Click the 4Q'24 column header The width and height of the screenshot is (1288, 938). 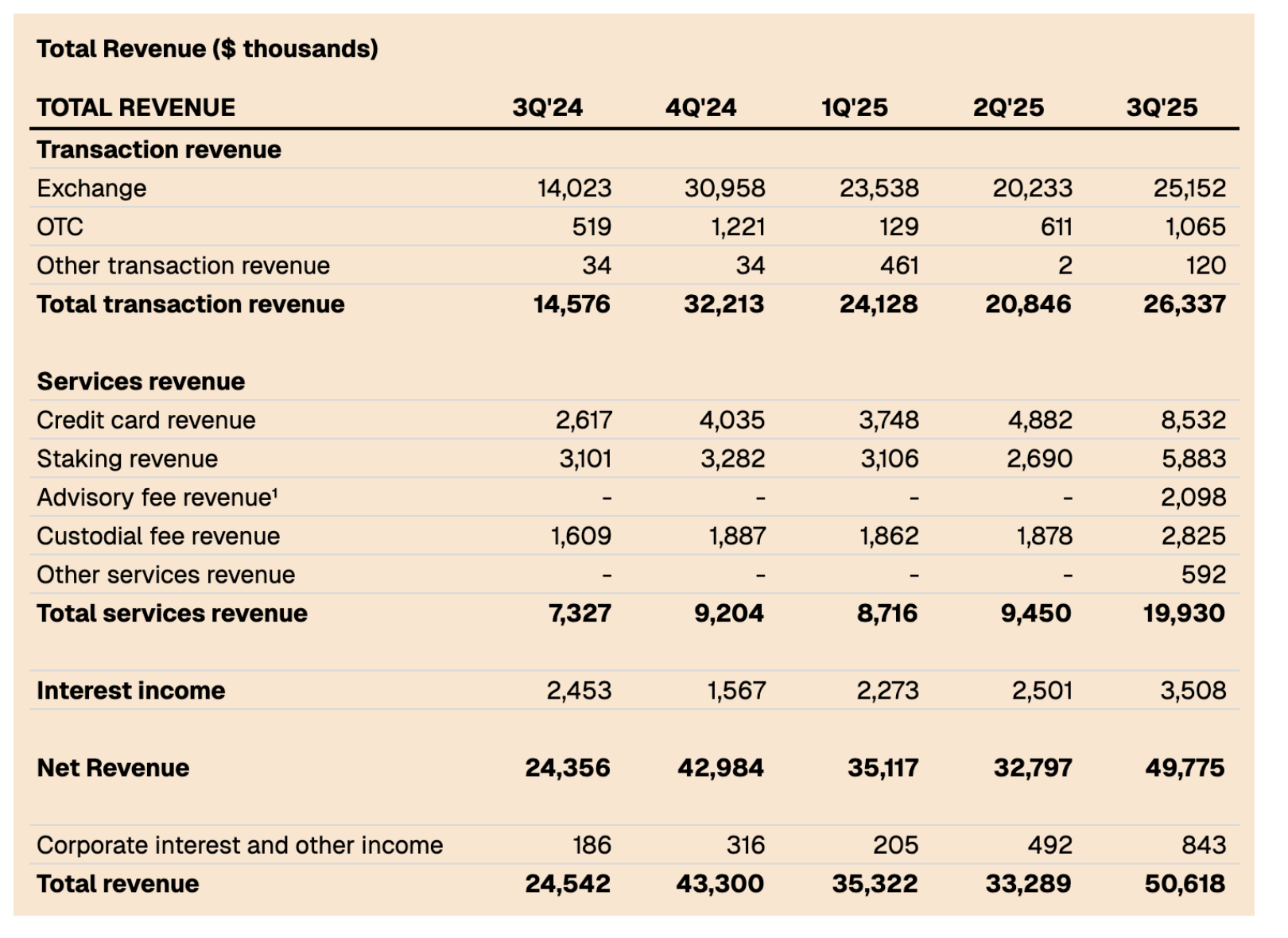tap(700, 107)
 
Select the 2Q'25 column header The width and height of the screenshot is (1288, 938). tap(1007, 107)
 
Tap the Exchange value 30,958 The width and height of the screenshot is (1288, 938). tap(724, 188)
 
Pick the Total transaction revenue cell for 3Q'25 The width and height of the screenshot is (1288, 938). tap(1184, 304)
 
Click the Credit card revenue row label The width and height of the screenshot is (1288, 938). tap(146, 421)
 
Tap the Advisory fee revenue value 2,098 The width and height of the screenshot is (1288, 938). tap(1193, 498)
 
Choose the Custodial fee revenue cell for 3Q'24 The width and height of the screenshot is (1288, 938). tap(580, 537)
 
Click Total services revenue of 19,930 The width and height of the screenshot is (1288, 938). tap(1184, 614)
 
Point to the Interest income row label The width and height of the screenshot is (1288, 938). tap(131, 691)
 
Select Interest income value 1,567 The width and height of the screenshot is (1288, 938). tap(736, 691)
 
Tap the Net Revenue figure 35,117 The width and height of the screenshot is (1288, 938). tap(883, 768)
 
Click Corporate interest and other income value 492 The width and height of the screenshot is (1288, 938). tap(1049, 845)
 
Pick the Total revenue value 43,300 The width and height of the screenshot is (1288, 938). tap(720, 884)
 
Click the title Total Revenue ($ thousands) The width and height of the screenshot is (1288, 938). tap(208, 49)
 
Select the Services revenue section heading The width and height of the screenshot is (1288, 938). tap(141, 382)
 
